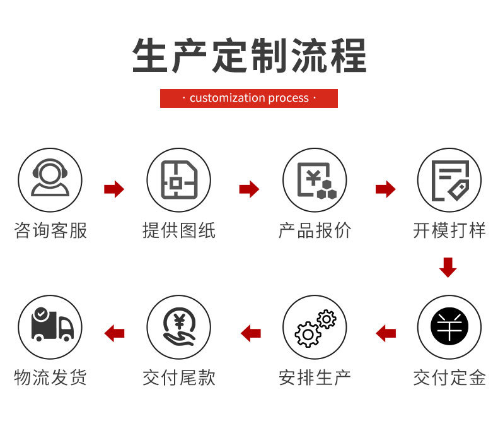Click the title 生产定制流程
[x=249, y=56]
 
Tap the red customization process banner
[x=249, y=98]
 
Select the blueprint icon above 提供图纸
[x=179, y=180]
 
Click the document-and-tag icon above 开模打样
[x=449, y=180]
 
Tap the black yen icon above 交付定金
[x=449, y=327]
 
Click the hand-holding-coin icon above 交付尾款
[x=179, y=327]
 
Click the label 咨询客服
[x=50, y=230]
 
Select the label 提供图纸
[x=179, y=230]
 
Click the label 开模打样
[x=449, y=230]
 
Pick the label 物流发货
[x=50, y=377]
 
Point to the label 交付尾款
[x=179, y=377]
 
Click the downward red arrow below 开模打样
[x=448, y=268]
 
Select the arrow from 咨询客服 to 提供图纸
[x=114, y=189]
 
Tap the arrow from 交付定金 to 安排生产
[x=385, y=333]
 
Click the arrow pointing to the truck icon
[x=114, y=333]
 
